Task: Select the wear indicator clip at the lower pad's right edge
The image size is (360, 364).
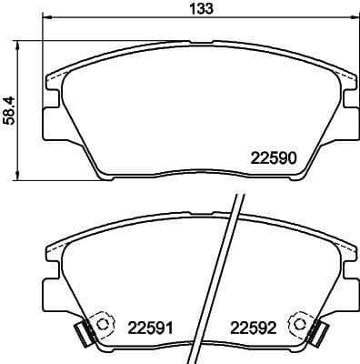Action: click(316, 333)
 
